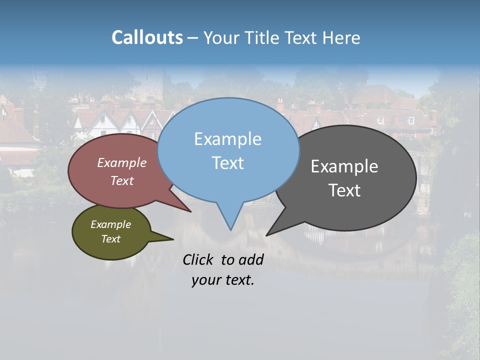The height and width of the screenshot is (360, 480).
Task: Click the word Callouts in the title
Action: (147, 37)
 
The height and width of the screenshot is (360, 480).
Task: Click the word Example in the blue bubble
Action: (227, 139)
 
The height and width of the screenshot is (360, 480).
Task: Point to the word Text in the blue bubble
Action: (227, 163)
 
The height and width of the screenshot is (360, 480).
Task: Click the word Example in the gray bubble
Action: (344, 166)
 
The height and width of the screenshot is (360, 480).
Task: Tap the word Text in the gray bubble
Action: (344, 190)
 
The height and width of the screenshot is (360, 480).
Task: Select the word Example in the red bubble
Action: (122, 163)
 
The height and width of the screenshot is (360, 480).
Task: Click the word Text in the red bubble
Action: (122, 180)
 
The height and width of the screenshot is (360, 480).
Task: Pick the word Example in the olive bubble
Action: (110, 224)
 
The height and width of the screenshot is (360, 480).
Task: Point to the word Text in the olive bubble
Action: (110, 239)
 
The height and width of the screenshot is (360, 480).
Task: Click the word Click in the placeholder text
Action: (198, 259)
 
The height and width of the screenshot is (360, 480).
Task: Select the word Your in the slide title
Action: (221, 37)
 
